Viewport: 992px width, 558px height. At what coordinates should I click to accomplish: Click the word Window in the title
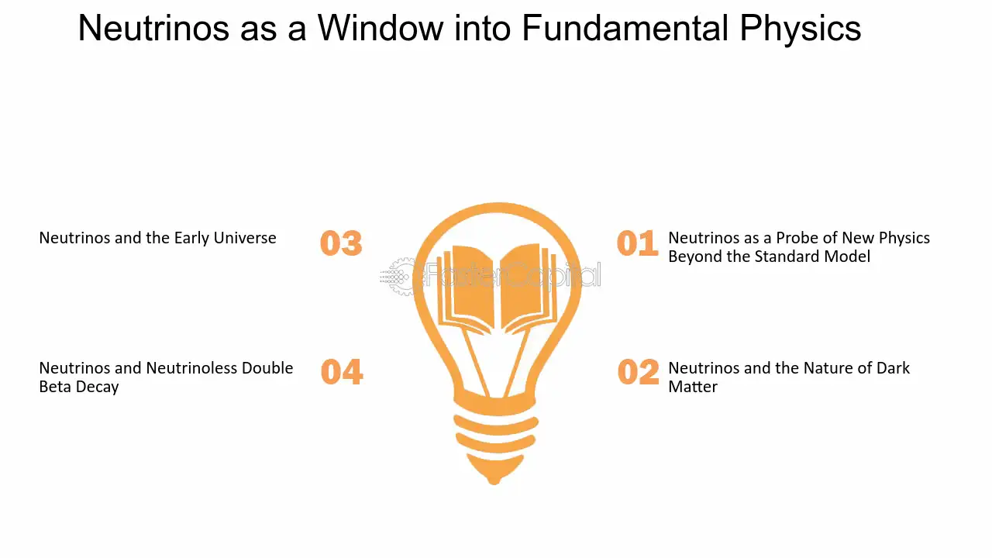(x=381, y=29)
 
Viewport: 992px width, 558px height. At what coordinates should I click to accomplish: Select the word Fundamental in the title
(x=625, y=29)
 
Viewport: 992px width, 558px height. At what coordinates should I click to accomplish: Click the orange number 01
(x=638, y=243)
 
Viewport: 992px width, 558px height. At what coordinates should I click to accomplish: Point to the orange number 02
(x=638, y=371)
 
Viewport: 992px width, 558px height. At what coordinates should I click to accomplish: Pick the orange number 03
(x=341, y=243)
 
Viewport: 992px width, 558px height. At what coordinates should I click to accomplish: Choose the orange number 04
(x=342, y=371)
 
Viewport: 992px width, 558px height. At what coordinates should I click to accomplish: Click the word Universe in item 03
(x=245, y=238)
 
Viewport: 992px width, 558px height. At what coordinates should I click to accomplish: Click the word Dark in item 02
(x=894, y=368)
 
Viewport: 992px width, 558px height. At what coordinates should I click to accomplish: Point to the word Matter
(x=693, y=387)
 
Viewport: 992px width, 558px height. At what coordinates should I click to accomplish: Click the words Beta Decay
(x=79, y=387)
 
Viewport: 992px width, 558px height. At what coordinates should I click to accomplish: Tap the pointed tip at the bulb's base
(x=494, y=482)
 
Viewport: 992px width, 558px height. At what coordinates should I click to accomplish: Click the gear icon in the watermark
(x=399, y=277)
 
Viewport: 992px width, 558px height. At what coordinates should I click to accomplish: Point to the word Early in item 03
(x=191, y=238)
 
